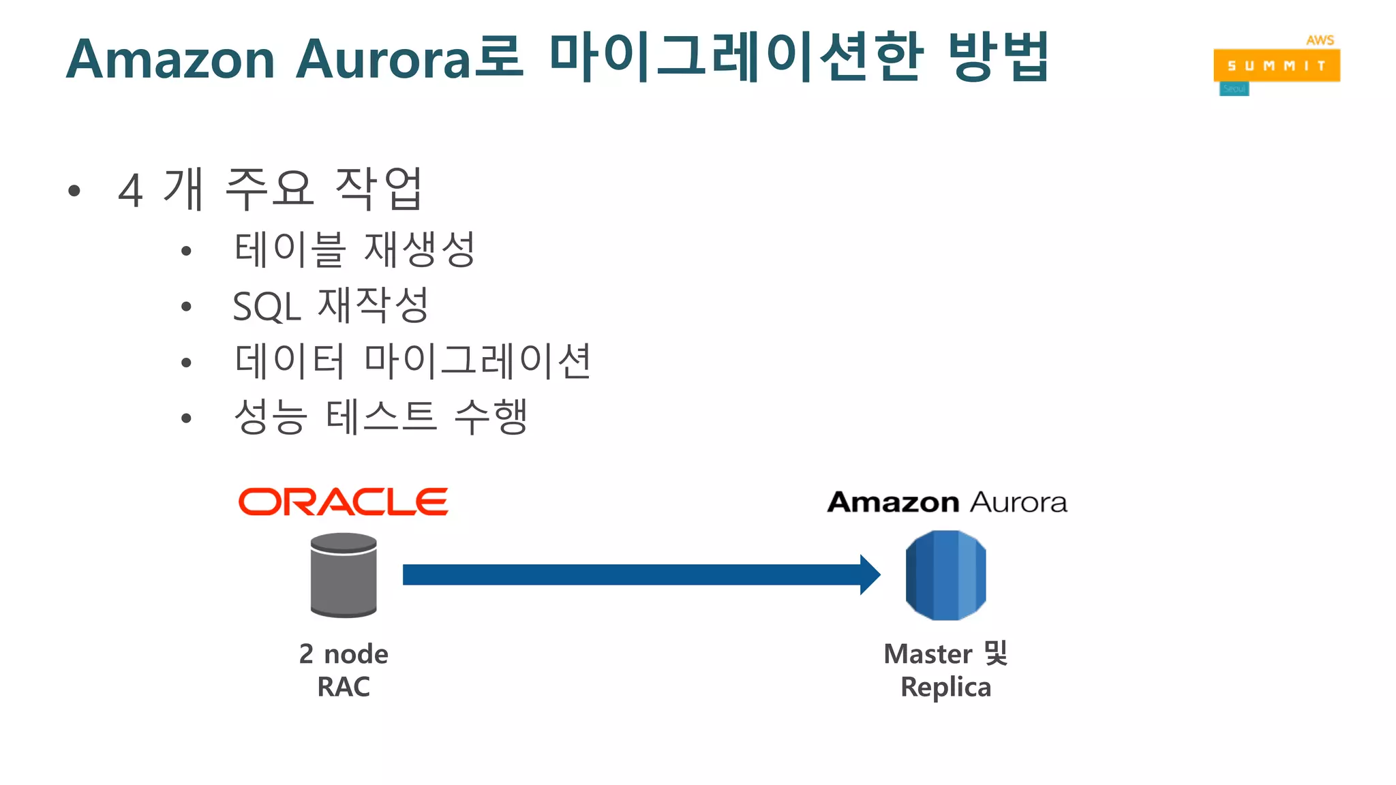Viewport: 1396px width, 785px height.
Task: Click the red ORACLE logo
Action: pyautogui.click(x=343, y=502)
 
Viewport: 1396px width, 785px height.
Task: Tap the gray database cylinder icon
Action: pyautogui.click(x=344, y=575)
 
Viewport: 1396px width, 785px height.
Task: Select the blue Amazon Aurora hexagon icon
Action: pyautogui.click(x=945, y=575)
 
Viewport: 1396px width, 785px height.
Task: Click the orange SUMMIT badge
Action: pyautogui.click(x=1276, y=65)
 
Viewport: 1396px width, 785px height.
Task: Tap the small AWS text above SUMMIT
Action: pyautogui.click(x=1320, y=40)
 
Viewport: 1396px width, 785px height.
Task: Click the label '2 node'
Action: pyautogui.click(x=344, y=654)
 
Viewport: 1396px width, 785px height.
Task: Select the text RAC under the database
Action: pyautogui.click(x=344, y=687)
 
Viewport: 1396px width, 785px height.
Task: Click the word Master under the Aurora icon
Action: pyautogui.click(x=927, y=654)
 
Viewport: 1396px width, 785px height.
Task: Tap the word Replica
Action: pyautogui.click(x=945, y=687)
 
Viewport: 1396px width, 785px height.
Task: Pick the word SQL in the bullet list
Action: pyautogui.click(x=267, y=307)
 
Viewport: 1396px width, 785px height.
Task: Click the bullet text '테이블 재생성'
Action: pyautogui.click(x=354, y=249)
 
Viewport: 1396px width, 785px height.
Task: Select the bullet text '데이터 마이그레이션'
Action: pyautogui.click(x=412, y=361)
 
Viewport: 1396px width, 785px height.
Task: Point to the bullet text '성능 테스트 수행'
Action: pyautogui.click(x=380, y=417)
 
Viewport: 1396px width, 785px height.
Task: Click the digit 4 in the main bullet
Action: pyautogui.click(x=130, y=190)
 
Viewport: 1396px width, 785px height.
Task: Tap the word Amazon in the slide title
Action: pyautogui.click(x=170, y=60)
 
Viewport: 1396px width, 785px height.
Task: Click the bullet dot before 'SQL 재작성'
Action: pyautogui.click(x=186, y=307)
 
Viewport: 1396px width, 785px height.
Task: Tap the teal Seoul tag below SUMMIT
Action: pyautogui.click(x=1234, y=89)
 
